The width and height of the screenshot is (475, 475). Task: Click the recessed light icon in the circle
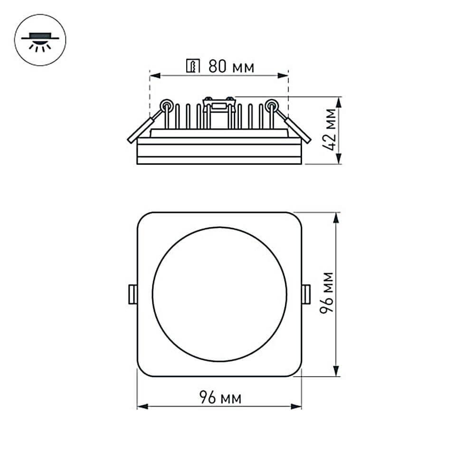[x=40, y=40]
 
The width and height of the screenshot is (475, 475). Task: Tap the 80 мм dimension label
[x=231, y=67]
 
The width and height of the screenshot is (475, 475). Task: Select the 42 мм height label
[x=331, y=130]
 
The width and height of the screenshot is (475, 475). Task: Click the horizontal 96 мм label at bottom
[x=219, y=398]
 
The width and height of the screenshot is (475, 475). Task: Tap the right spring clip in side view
[x=298, y=128]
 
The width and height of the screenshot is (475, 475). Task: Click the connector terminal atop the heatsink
[x=219, y=103]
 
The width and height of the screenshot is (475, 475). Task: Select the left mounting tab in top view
[x=133, y=294]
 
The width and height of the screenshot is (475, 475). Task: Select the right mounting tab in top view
[x=306, y=294]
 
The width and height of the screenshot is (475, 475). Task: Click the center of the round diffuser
[x=219, y=294]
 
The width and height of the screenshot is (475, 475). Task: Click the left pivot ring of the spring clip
[x=167, y=105]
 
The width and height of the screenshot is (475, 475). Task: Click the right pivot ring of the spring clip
[x=272, y=105]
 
